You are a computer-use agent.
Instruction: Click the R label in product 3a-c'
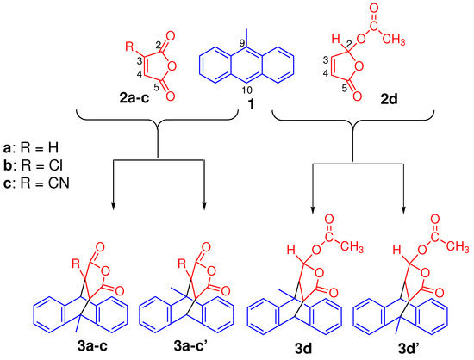(x=156, y=263)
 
